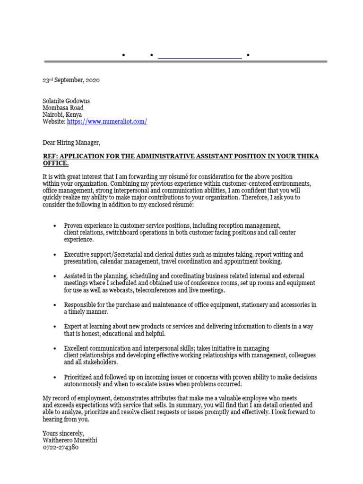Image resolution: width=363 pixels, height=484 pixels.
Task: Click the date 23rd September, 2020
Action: [71, 80]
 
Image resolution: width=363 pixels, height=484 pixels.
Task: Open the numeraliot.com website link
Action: [107, 121]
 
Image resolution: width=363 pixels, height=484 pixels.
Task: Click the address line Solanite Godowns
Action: [66, 101]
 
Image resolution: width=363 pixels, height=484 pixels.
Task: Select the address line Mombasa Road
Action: [63, 108]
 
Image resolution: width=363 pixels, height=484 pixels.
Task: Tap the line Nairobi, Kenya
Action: [62, 115]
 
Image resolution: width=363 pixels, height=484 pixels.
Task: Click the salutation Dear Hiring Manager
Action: [71, 142]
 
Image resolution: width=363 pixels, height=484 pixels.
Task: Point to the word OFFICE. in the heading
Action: [55, 163]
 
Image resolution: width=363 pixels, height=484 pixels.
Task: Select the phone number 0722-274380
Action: [60, 447]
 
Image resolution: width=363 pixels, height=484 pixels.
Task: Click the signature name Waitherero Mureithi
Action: [70, 440]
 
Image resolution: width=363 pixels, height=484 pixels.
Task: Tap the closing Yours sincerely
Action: [63, 433]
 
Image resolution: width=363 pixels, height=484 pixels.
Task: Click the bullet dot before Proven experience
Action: [55, 226]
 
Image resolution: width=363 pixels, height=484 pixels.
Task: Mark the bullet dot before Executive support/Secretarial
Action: [55, 255]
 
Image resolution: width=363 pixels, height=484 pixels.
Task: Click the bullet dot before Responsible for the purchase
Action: [55, 305]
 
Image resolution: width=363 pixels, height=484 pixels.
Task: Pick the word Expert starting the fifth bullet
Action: [73, 327]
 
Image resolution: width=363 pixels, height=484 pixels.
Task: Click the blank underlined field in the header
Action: [199, 56]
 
